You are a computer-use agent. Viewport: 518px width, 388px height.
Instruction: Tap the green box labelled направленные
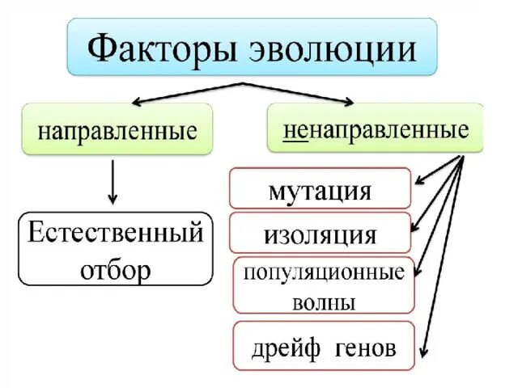click(x=118, y=130)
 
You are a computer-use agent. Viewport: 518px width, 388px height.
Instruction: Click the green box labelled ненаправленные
click(x=376, y=129)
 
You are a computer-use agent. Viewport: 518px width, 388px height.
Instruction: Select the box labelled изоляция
click(x=320, y=234)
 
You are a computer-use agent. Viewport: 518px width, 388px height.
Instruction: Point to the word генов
click(x=365, y=348)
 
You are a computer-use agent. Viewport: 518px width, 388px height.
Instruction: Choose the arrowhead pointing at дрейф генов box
click(x=424, y=353)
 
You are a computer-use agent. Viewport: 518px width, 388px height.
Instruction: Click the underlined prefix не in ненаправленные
click(x=294, y=129)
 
